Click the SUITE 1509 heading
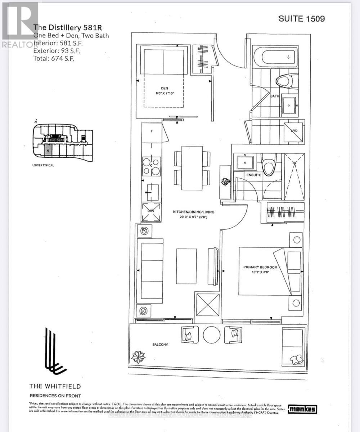point(302,19)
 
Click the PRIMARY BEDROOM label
point(260,267)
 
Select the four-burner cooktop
point(151,166)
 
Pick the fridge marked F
point(152,132)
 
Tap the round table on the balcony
point(212,335)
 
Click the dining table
point(192,168)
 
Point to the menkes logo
point(303,409)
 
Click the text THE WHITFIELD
point(55,387)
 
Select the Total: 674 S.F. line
point(54,58)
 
